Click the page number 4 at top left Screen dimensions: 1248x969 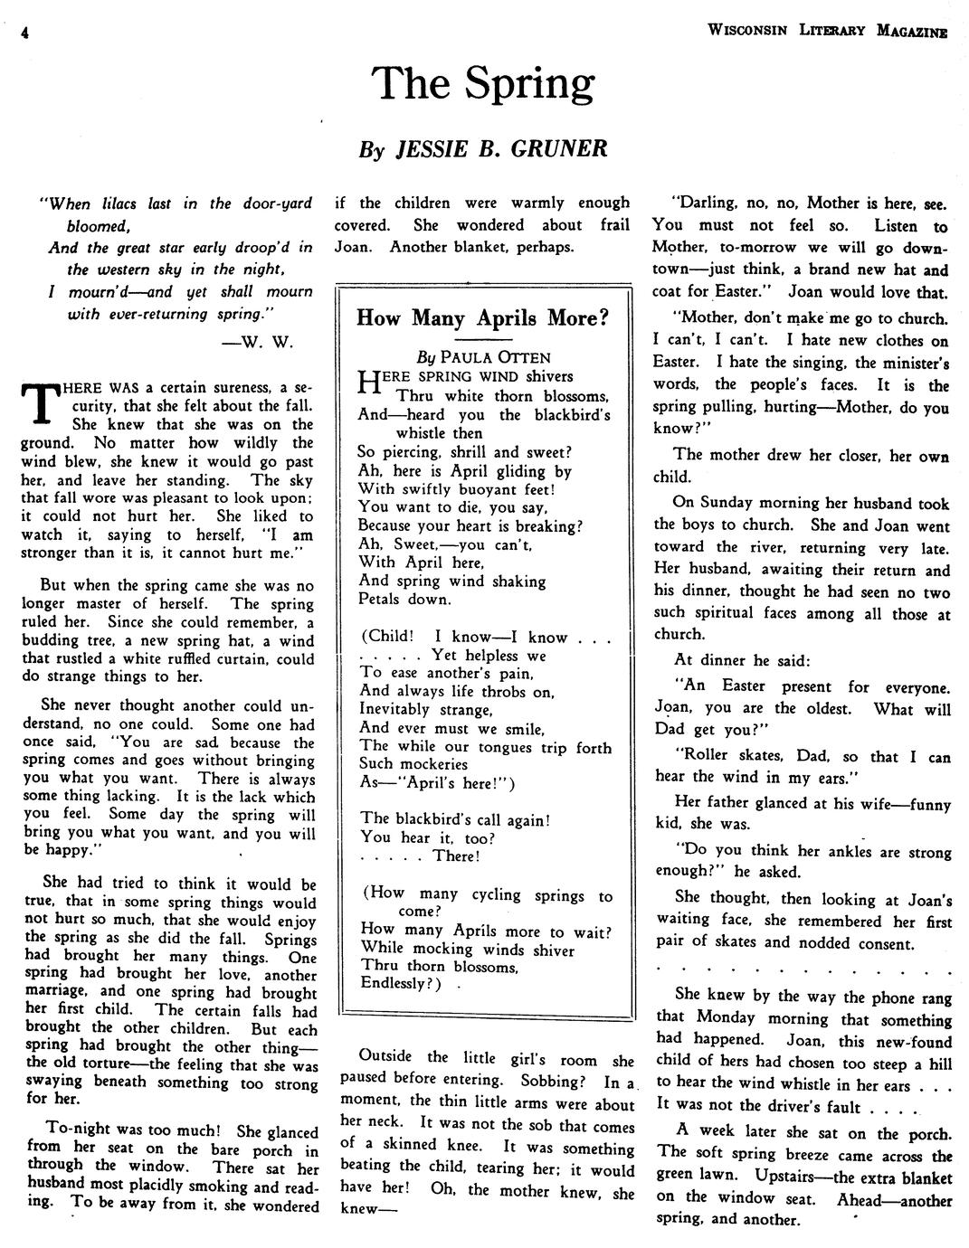coord(26,33)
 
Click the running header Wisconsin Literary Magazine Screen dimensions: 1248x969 coord(827,30)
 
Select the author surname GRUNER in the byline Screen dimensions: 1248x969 coord(558,148)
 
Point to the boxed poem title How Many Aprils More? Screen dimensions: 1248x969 coord(482,317)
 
